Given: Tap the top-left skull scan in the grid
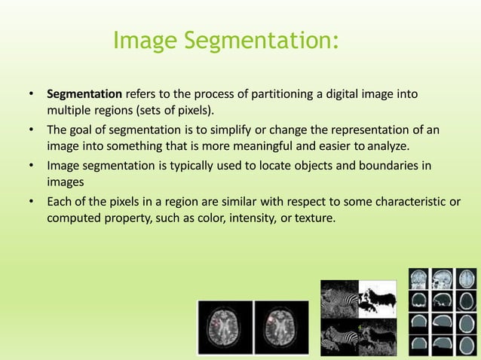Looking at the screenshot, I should click(x=420, y=279).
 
